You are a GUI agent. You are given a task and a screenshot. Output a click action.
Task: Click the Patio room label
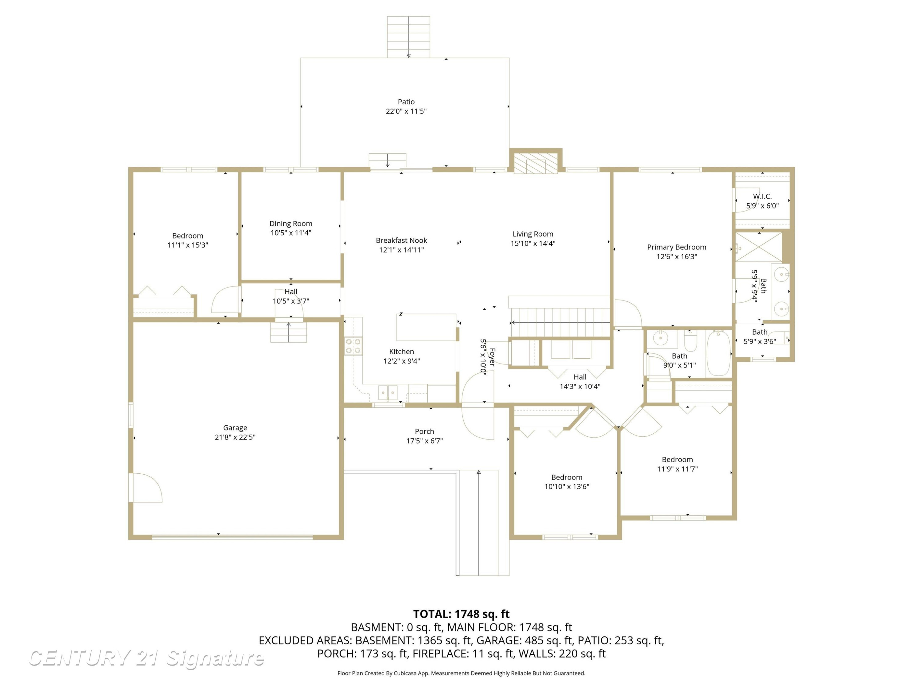(x=406, y=102)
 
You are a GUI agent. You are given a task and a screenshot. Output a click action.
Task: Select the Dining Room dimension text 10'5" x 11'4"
(x=291, y=233)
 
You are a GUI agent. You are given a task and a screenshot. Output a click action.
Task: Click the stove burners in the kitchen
(x=353, y=346)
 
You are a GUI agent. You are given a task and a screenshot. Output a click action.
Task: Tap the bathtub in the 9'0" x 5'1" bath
(x=718, y=354)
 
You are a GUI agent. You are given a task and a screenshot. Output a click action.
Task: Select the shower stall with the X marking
(x=758, y=247)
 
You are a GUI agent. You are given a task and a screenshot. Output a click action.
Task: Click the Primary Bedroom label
(x=676, y=247)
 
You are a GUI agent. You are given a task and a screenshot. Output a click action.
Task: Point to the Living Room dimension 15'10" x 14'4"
(x=533, y=243)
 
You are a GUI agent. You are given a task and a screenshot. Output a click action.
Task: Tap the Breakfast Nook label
(x=402, y=240)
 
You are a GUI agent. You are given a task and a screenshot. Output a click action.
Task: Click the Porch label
(x=424, y=431)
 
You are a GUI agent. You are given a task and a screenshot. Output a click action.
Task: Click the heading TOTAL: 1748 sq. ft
(x=461, y=614)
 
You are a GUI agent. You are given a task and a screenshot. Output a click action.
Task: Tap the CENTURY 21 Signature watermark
(x=146, y=658)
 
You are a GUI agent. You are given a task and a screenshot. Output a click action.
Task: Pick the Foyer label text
(x=492, y=357)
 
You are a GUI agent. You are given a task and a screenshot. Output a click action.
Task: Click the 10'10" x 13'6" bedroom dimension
(x=567, y=486)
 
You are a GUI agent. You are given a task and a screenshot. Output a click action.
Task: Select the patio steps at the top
(x=409, y=37)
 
